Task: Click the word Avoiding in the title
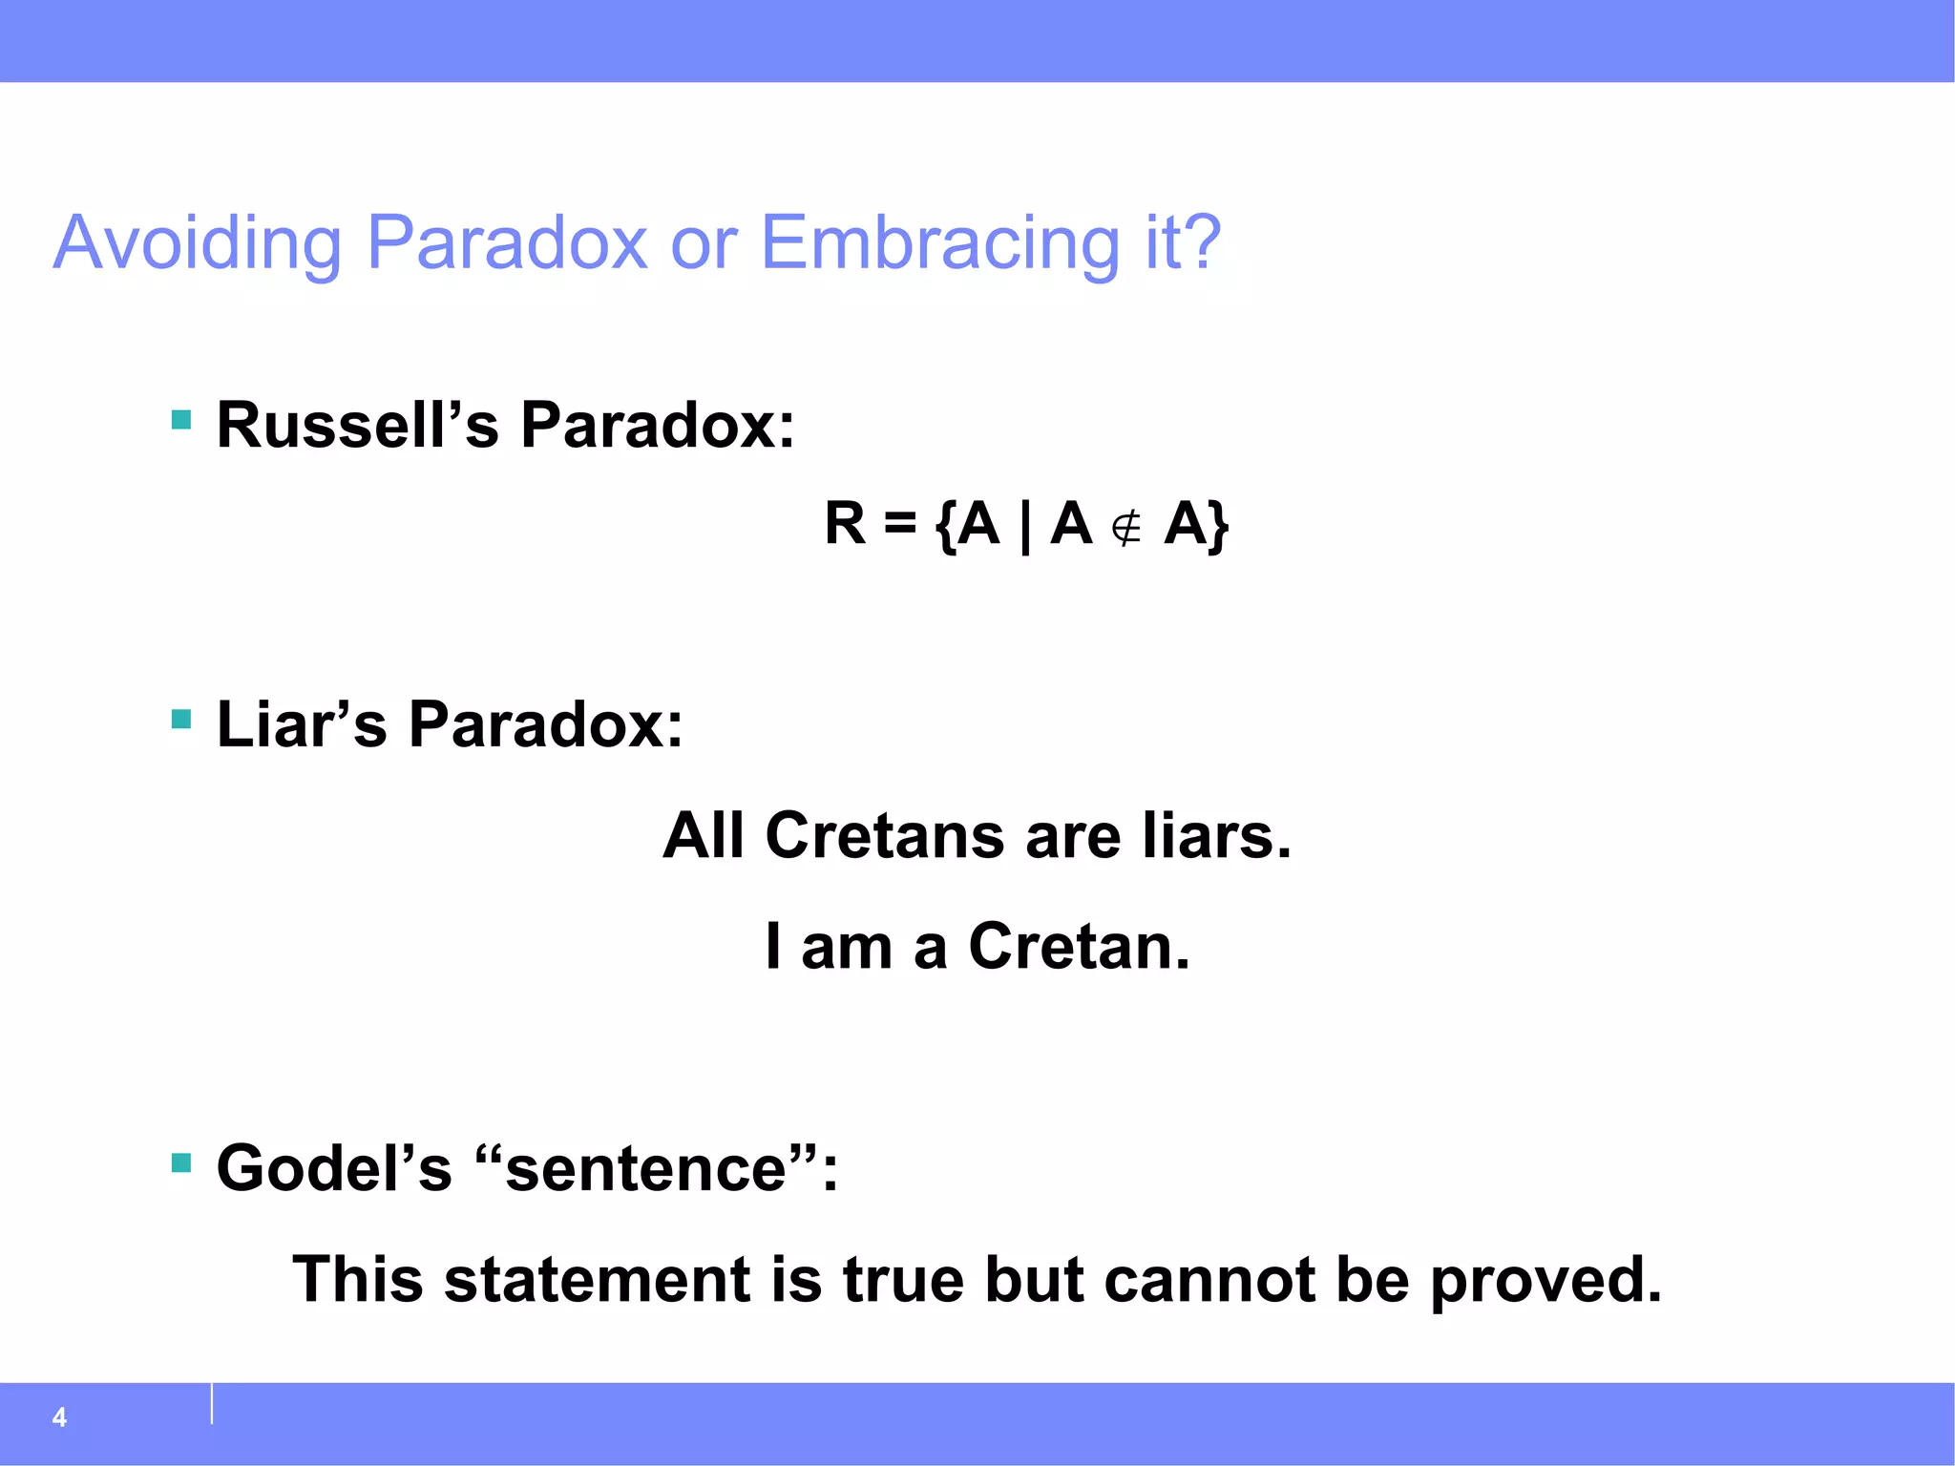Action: (x=197, y=244)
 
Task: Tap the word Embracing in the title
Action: (x=939, y=244)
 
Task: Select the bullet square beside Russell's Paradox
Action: (x=181, y=420)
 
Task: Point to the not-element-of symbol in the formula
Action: (x=1127, y=527)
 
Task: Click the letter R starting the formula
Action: (x=845, y=524)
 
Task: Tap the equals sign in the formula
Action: (x=899, y=524)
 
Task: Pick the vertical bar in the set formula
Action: (x=1025, y=526)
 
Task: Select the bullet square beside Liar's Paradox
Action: (x=181, y=719)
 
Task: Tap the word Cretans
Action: (x=884, y=836)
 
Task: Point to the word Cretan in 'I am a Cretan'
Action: (x=1079, y=947)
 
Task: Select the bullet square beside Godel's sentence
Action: (x=181, y=1162)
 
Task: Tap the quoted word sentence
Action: (x=645, y=1170)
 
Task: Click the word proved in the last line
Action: (x=1545, y=1281)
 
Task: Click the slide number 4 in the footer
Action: (x=59, y=1417)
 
